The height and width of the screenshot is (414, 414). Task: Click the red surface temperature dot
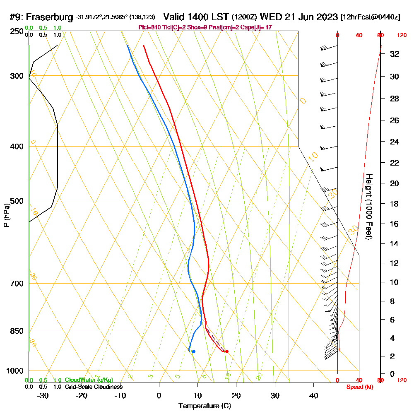click(226, 351)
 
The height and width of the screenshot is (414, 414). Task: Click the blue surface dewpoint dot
click(193, 351)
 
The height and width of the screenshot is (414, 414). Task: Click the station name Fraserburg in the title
click(50, 17)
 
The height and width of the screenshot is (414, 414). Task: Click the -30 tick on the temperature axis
click(43, 395)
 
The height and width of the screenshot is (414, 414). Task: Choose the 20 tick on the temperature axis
click(236, 395)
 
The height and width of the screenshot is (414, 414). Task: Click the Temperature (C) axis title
click(205, 406)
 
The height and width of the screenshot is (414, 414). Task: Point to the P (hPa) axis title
click(6, 215)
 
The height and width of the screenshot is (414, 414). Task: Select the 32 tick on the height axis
click(394, 54)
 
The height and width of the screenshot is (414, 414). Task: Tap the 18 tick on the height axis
click(394, 204)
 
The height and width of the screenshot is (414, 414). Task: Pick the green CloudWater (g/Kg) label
click(89, 380)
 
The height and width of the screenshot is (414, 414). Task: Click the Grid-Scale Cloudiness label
click(94, 387)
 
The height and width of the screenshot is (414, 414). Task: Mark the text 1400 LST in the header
click(196, 17)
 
